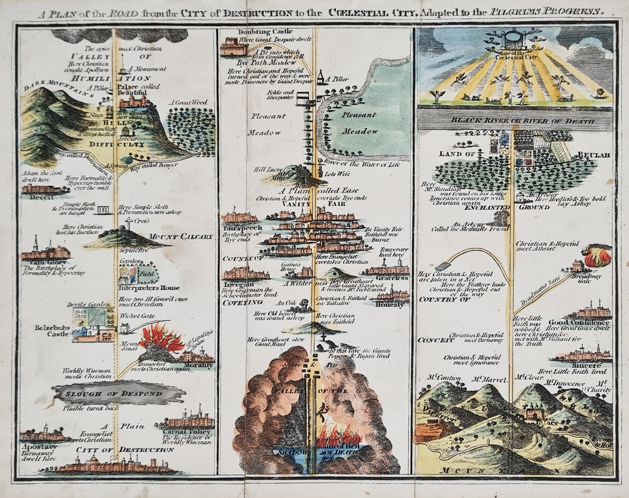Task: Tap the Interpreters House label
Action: pos(149,288)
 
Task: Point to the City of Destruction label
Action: pos(124,450)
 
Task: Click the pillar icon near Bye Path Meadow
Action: pos(322,77)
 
